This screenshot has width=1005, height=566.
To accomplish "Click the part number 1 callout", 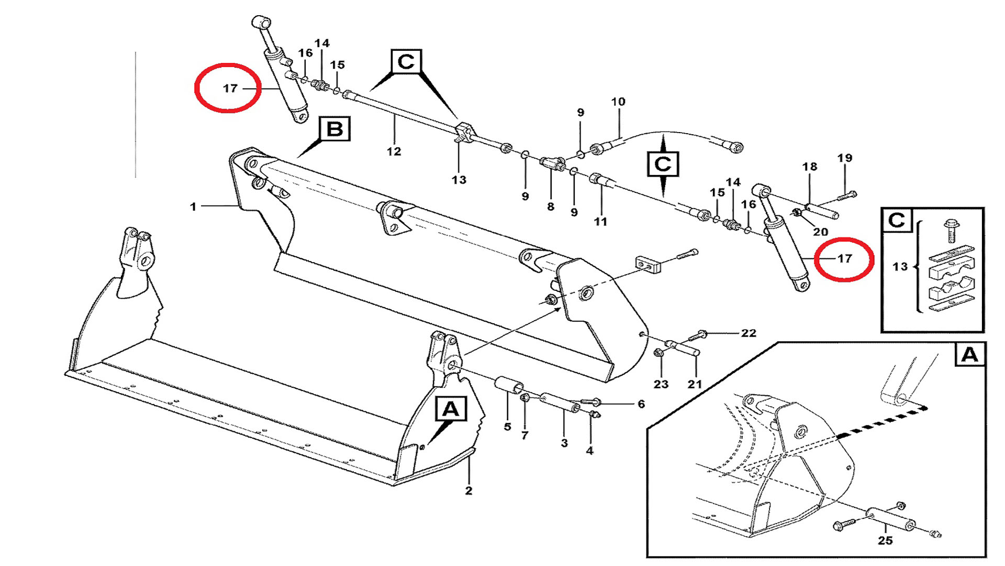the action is click(193, 207).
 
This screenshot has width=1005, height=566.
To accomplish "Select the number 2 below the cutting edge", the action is click(468, 491).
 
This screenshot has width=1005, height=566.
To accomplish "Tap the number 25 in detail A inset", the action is click(885, 540).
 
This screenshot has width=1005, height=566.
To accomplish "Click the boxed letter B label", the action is click(334, 129).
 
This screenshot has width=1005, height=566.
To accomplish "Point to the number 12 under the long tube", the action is click(394, 151).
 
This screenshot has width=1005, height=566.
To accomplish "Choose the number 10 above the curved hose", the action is click(618, 102).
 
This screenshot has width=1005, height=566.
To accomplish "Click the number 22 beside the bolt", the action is click(749, 333).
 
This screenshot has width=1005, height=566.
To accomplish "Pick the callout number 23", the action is click(661, 384).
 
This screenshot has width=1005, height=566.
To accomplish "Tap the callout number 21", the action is click(695, 384).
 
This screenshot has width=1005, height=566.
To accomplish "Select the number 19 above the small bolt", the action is click(845, 158).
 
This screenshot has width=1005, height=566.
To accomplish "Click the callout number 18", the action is click(810, 167).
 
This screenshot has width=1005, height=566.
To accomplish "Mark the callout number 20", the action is click(820, 232).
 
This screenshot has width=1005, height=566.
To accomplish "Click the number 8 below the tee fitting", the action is click(551, 206).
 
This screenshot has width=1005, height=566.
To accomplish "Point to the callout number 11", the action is click(600, 222).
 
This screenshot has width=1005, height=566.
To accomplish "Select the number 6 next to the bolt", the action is click(641, 404).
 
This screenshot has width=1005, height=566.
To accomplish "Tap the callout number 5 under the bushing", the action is click(507, 427).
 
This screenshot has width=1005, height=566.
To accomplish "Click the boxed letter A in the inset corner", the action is click(970, 355).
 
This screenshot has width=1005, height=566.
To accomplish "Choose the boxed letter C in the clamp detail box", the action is click(897, 220).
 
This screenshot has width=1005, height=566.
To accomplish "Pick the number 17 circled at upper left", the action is click(230, 88).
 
